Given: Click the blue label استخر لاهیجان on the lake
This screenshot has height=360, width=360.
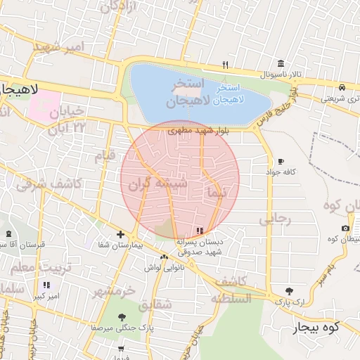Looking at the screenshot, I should coord(229,94).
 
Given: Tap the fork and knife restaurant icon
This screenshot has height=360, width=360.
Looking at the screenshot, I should coord(225,65).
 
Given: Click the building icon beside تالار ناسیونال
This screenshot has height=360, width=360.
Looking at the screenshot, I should coord(281,63).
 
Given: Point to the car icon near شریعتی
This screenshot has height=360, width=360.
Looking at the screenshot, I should coord(342,87).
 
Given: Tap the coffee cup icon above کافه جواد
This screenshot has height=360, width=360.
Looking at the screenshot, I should coord(281,161).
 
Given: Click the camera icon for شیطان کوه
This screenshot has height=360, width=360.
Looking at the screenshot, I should coord(345,229).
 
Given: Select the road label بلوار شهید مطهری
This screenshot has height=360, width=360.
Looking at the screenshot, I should coord(204,131).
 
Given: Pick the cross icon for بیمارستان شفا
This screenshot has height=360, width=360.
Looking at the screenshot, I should coord(121,234).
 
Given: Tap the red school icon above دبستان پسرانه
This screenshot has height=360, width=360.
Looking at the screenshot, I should coord(201,230).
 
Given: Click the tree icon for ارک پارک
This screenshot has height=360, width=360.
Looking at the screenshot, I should coord(289,291).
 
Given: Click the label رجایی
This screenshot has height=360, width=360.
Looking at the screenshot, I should coord(274,219).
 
